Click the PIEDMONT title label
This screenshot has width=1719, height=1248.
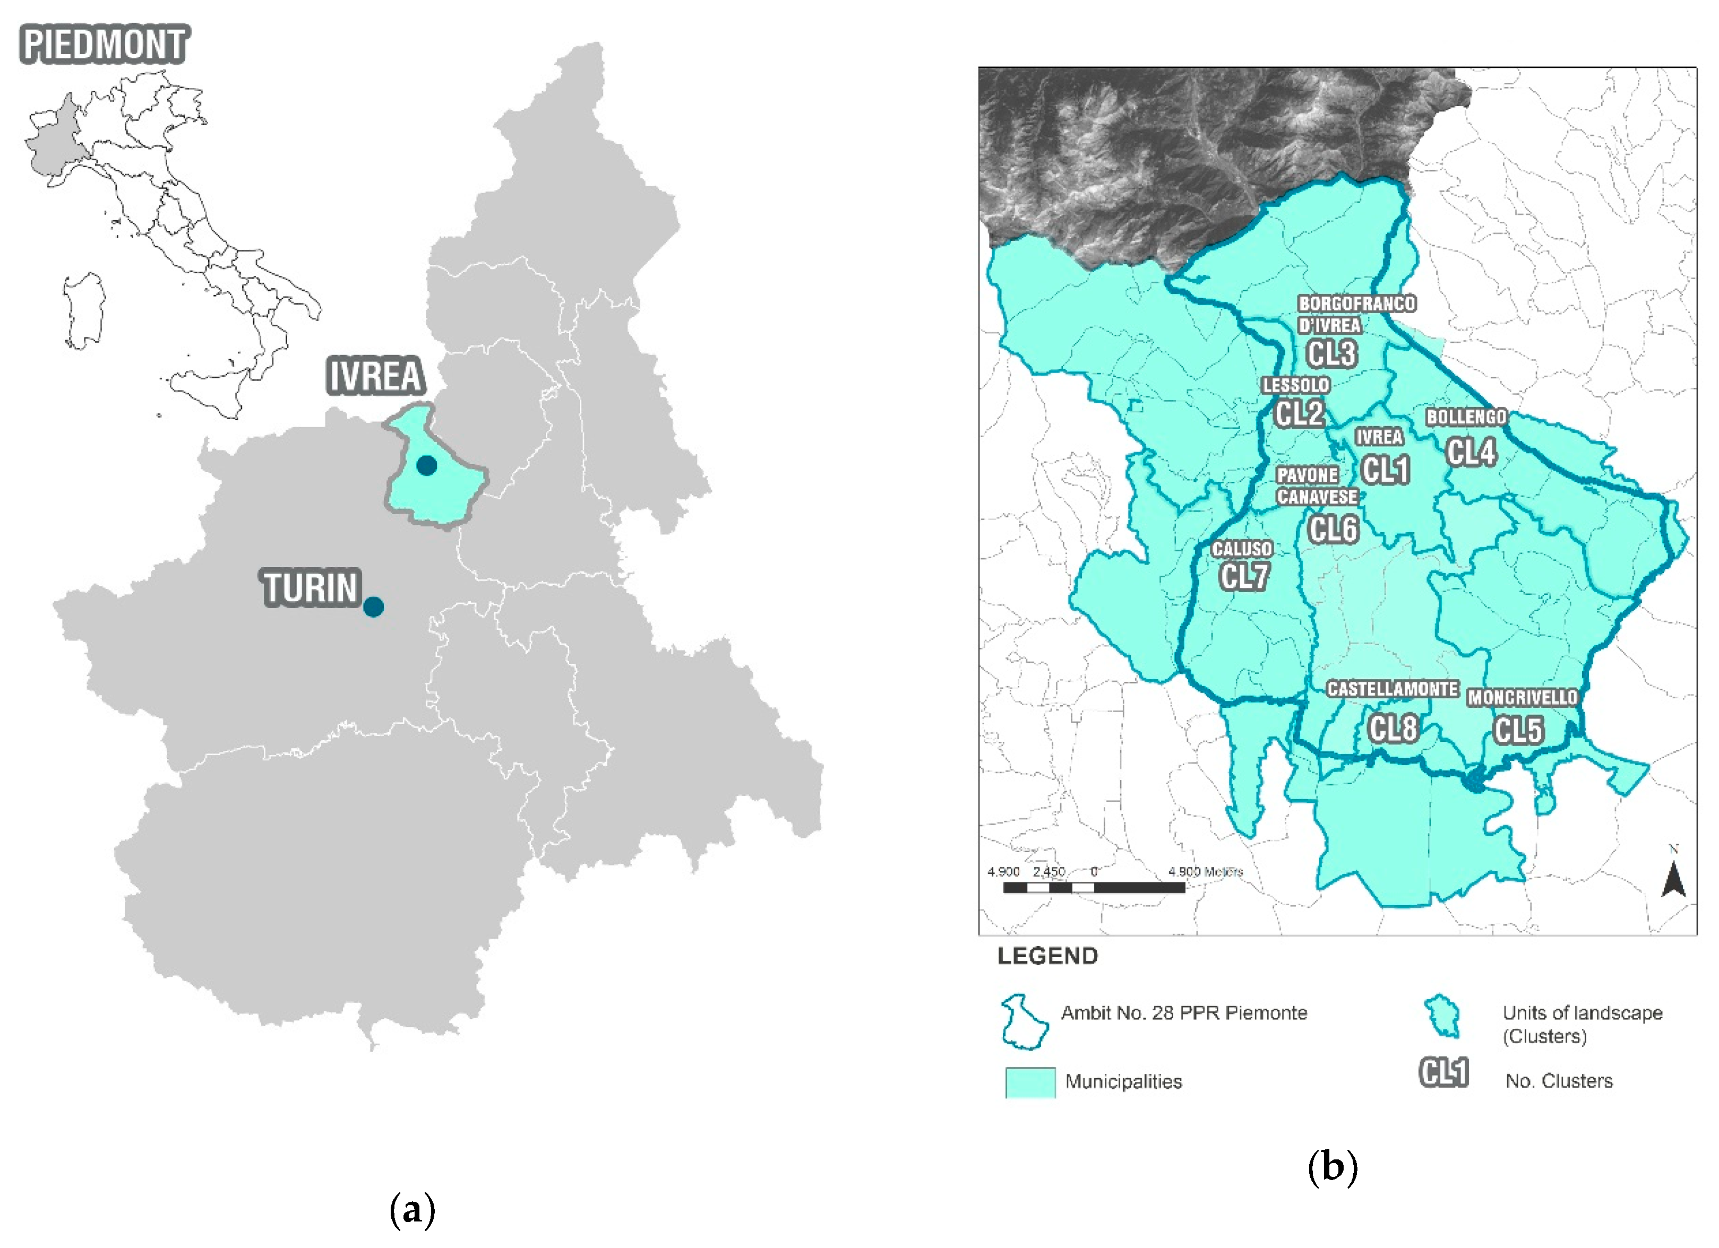point(104,44)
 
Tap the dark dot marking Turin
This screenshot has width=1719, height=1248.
point(373,607)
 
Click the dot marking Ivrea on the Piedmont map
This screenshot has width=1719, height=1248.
point(427,465)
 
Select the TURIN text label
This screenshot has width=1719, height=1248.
point(310,588)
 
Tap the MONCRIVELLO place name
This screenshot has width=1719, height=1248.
point(1522,698)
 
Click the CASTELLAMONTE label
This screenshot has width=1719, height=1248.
point(1393,689)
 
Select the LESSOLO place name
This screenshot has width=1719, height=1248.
point(1295,385)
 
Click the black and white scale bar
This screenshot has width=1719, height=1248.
point(1093,887)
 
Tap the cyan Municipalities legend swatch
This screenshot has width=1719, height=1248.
point(1029,1082)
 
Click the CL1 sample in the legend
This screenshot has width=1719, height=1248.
point(1443,1072)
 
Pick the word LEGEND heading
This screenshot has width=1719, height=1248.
point(1047,956)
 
